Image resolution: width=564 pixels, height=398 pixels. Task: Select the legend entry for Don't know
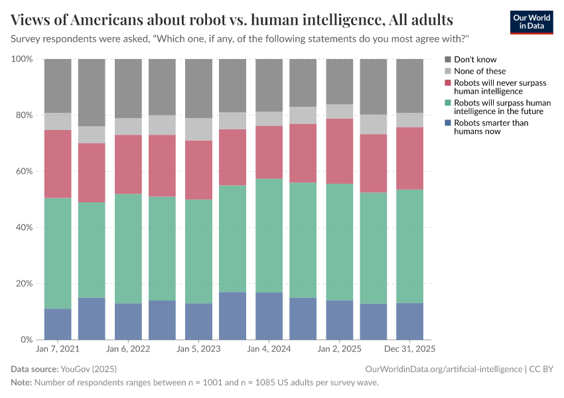(x=475, y=60)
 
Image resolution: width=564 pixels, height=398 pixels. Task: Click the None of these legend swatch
(x=448, y=71)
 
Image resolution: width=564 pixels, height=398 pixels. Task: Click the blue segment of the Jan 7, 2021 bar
(x=58, y=324)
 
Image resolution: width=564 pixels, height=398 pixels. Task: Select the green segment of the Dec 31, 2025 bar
(x=409, y=246)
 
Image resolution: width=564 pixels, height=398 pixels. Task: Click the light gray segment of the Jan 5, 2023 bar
(x=198, y=129)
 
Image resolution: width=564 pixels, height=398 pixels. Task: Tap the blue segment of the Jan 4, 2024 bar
(x=269, y=316)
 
